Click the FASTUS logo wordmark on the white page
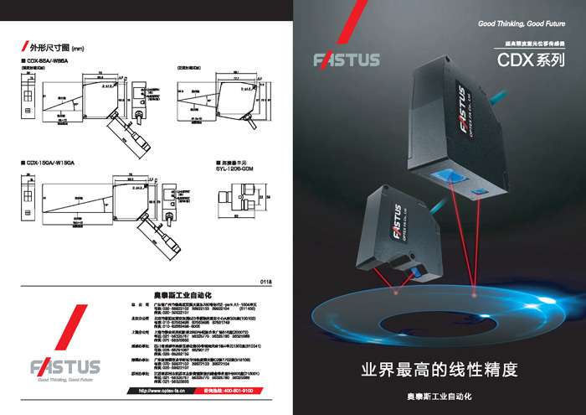[65, 366]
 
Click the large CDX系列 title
[532, 60]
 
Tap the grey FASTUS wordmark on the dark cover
[347, 60]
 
